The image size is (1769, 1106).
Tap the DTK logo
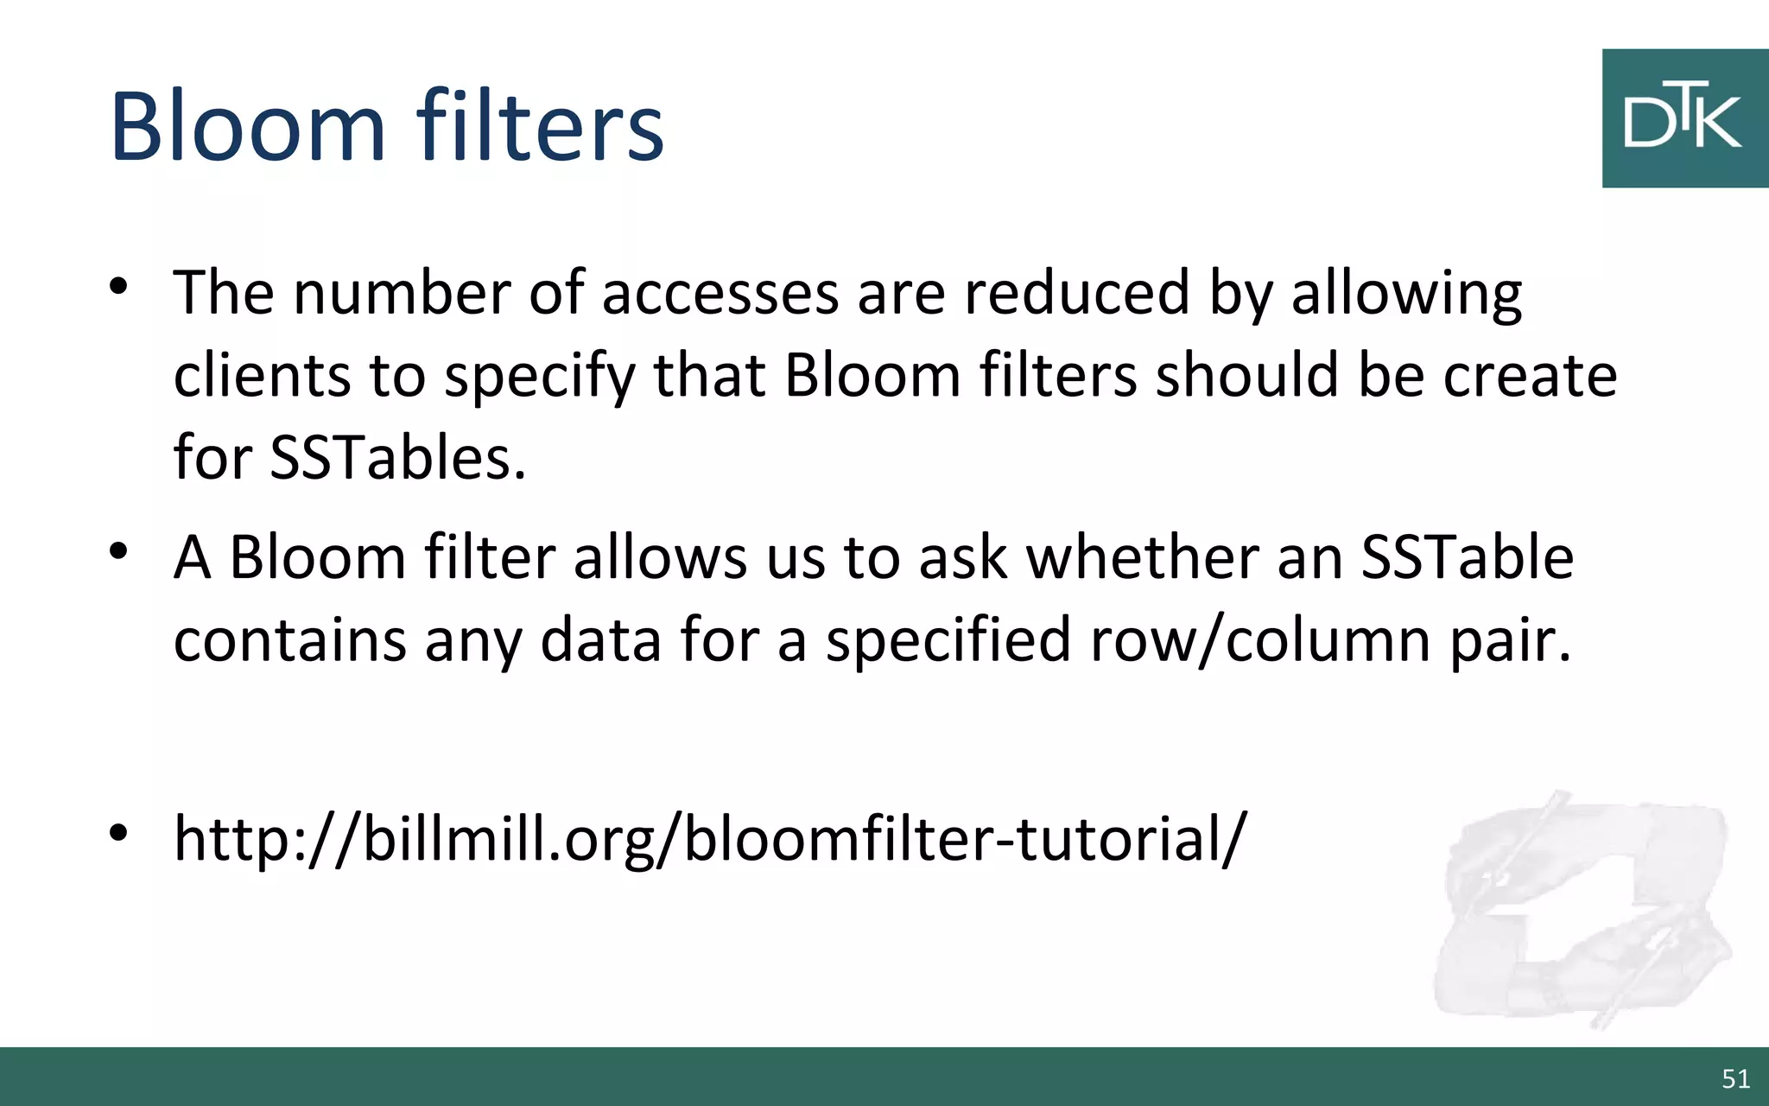[1684, 118]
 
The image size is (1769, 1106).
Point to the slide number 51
[1735, 1078]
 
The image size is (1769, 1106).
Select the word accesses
[720, 293]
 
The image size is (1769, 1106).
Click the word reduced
[1076, 293]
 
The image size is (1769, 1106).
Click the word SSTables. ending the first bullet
[397, 457]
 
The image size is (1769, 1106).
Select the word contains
[290, 640]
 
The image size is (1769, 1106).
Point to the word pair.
[1510, 642]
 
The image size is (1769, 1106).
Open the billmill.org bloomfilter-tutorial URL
[709, 838]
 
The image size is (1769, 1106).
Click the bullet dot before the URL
[119, 832]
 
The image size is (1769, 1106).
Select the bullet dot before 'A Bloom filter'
[119, 550]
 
